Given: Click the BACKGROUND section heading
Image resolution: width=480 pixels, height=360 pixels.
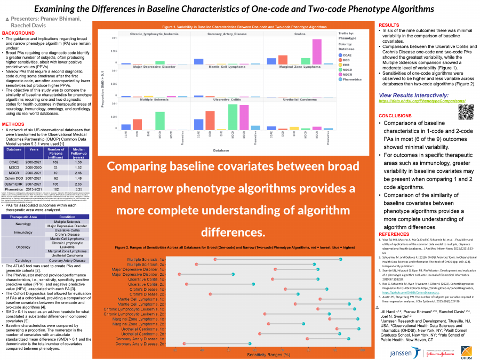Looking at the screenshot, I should pyautogui.click(x=19, y=33).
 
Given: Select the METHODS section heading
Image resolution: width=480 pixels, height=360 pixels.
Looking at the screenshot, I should pyautogui.click(x=13, y=124).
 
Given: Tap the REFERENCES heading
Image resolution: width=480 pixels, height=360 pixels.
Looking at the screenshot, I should pyautogui.click(x=396, y=234).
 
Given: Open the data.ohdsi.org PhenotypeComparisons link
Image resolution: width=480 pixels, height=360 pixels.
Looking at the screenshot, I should pyautogui.click(x=422, y=100).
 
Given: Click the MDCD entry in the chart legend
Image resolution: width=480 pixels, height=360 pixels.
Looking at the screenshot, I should pyautogui.click(x=347, y=69).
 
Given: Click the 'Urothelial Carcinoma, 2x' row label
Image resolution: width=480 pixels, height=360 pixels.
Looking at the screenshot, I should pyautogui.click(x=139, y=334).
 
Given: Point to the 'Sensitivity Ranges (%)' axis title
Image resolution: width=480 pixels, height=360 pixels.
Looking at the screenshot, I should pyautogui.click(x=268, y=354).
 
